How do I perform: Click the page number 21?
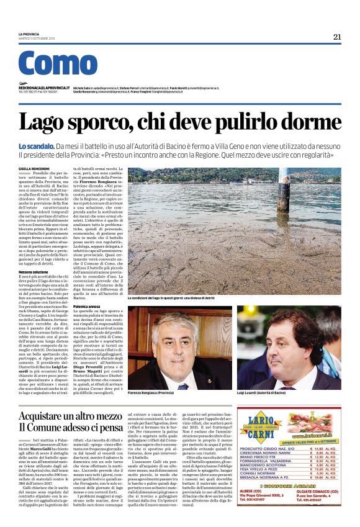[x=337, y=37]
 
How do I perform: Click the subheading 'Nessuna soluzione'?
[x=34, y=273]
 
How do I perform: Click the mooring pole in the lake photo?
[x=286, y=187]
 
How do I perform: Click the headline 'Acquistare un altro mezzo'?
[x=70, y=415]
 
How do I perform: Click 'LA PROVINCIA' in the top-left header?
[x=29, y=34]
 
